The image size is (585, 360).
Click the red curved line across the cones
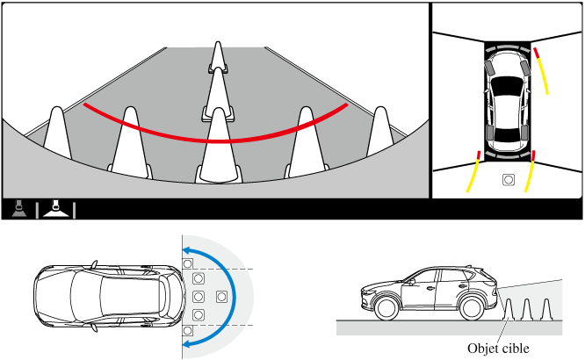click(215, 140)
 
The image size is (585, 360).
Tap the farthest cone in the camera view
click(218, 56)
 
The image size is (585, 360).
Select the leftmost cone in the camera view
click(57, 133)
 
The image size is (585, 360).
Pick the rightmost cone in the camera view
click(380, 132)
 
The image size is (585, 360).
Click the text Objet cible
click(498, 349)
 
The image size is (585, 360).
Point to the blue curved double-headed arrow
click(235, 297)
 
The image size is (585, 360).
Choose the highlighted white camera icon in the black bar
click(56, 209)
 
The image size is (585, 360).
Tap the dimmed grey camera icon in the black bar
click(19, 209)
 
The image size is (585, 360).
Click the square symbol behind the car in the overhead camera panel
click(509, 180)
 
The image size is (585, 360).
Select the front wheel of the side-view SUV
click(386, 308)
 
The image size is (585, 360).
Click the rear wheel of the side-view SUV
click(472, 308)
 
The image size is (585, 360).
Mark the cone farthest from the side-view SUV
click(546, 310)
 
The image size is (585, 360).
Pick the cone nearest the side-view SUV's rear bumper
click(508, 310)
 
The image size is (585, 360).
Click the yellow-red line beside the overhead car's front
click(541, 70)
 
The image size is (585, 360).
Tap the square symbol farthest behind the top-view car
click(221, 297)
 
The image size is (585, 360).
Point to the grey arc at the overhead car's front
click(508, 47)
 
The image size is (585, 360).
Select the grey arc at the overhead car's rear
click(508, 155)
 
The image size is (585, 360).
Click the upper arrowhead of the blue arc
click(187, 250)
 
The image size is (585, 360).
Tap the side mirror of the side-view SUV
click(412, 282)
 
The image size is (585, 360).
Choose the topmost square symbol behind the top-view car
click(188, 263)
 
